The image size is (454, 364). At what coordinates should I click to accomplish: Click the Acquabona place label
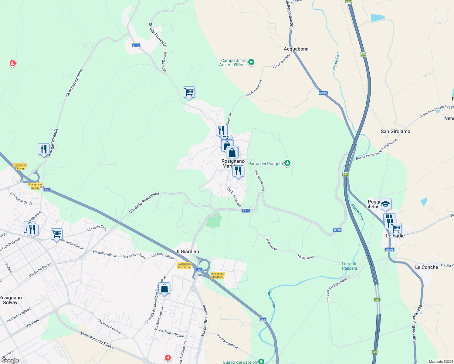tap(296, 49)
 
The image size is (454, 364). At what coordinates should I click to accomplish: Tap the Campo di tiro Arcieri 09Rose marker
tap(251, 62)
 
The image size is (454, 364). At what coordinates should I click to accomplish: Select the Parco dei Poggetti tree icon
tap(287, 163)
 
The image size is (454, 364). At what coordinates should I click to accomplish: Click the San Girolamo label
tap(395, 131)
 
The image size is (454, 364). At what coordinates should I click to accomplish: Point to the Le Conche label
tap(426, 267)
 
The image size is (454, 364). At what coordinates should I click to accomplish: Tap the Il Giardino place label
tap(188, 251)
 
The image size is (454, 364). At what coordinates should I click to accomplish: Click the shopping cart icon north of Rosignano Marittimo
tap(189, 92)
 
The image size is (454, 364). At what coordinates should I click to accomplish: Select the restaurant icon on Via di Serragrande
tap(44, 149)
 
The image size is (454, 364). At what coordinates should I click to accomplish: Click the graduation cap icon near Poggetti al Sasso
tap(385, 204)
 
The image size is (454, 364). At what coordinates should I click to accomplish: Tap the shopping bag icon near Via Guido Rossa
tap(164, 288)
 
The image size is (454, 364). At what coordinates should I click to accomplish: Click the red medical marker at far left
tap(12, 63)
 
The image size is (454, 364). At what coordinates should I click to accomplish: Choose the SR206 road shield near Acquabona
tap(323, 93)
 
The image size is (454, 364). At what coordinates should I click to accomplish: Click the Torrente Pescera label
tap(349, 266)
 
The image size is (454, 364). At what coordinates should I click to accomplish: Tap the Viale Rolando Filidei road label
tap(97, 340)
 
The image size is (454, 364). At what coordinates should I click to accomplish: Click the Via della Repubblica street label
tap(144, 203)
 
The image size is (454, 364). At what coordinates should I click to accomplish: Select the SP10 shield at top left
tap(136, 46)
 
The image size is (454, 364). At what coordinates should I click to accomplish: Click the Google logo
tap(10, 360)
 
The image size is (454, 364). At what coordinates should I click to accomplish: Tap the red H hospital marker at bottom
tap(168, 358)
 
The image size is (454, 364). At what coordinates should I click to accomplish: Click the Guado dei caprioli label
tap(240, 362)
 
